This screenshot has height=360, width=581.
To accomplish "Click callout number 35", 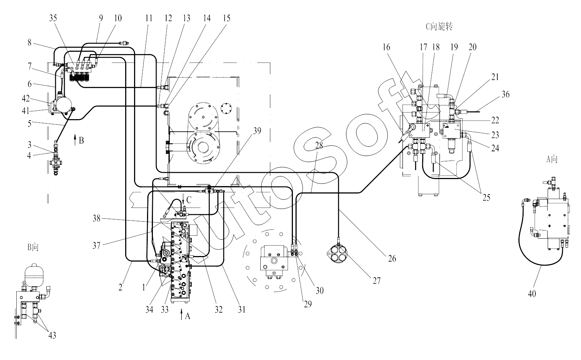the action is click(x=53, y=18).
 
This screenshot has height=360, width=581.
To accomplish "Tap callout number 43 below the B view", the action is click(x=52, y=335).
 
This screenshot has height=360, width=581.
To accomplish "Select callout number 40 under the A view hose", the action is click(x=532, y=294).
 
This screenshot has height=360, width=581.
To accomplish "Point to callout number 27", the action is click(x=377, y=280).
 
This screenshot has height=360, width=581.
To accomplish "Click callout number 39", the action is click(x=257, y=131).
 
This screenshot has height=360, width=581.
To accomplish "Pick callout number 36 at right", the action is click(x=505, y=94).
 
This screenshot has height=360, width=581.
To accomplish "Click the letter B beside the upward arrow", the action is click(x=81, y=141).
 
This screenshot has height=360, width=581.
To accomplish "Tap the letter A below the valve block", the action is click(x=187, y=316).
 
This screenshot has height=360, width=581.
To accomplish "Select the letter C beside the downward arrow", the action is click(x=189, y=200).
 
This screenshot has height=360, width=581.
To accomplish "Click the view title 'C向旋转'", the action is click(x=440, y=26).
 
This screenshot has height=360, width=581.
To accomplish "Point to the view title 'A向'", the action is click(x=552, y=159).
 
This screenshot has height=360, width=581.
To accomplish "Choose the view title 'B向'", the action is click(x=33, y=247).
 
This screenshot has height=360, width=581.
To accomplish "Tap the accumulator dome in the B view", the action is click(x=34, y=272).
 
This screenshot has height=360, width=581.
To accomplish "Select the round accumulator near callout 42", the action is click(x=64, y=104).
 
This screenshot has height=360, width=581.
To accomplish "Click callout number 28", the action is click(x=319, y=145).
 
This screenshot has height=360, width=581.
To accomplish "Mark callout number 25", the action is click(x=486, y=198).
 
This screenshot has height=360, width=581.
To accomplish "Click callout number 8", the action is click(x=30, y=43).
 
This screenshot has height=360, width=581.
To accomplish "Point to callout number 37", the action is click(x=97, y=245).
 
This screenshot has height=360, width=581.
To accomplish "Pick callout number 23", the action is click(x=495, y=135).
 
